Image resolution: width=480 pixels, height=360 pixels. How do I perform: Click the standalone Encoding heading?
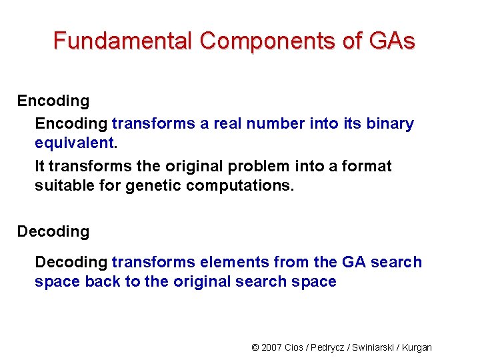pyautogui.click(x=53, y=101)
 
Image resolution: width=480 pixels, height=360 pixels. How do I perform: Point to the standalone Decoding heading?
pyautogui.click(x=53, y=231)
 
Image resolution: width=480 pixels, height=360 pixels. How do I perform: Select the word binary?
pyautogui.click(x=390, y=123)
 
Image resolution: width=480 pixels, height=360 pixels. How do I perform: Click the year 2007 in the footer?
pyautogui.click(x=272, y=347)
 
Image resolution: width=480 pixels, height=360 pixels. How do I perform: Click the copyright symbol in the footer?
pyautogui.click(x=255, y=347)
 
